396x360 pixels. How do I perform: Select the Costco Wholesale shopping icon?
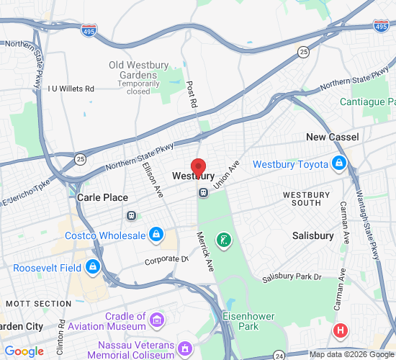pos(156,235)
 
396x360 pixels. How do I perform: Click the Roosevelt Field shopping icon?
pos(91,268)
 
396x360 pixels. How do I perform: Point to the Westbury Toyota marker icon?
pos(338,164)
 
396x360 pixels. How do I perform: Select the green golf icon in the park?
pos(225,239)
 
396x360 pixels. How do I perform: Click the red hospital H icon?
pos(341,330)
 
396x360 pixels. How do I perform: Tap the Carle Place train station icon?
pos(131,215)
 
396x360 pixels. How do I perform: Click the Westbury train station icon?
pos(204,192)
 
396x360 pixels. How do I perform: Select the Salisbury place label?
pos(313,235)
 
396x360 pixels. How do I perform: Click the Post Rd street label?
pos(191,93)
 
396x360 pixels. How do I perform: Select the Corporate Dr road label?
pos(166,259)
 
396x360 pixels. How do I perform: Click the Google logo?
pos(24,351)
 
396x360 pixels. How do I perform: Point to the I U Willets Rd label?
pos(71,89)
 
